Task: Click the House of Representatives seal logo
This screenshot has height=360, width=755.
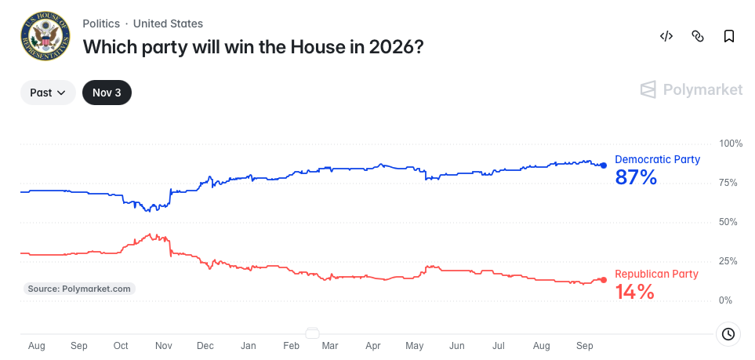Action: click(45, 36)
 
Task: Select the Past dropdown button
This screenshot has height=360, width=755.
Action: click(48, 93)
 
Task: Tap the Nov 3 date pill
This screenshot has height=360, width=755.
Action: click(107, 93)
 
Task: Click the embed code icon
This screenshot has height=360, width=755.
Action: click(666, 36)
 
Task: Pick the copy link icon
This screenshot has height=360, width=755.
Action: click(698, 36)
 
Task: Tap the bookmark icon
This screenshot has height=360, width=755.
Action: click(729, 36)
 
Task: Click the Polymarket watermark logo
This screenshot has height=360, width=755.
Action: click(691, 89)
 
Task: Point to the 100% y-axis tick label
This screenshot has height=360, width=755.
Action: click(731, 144)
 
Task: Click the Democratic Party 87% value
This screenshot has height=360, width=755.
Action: click(636, 178)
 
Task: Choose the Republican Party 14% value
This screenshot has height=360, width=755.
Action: click(635, 292)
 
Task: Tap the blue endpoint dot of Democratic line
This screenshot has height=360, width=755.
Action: click(604, 165)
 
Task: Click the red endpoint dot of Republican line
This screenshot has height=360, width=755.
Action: click(604, 280)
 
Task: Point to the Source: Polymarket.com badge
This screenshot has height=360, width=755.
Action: click(79, 289)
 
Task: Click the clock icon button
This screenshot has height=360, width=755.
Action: click(728, 334)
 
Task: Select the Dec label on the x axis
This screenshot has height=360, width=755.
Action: click(205, 346)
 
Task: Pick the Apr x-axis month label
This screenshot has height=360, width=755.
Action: click(373, 346)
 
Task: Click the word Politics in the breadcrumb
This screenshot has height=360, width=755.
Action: click(101, 24)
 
